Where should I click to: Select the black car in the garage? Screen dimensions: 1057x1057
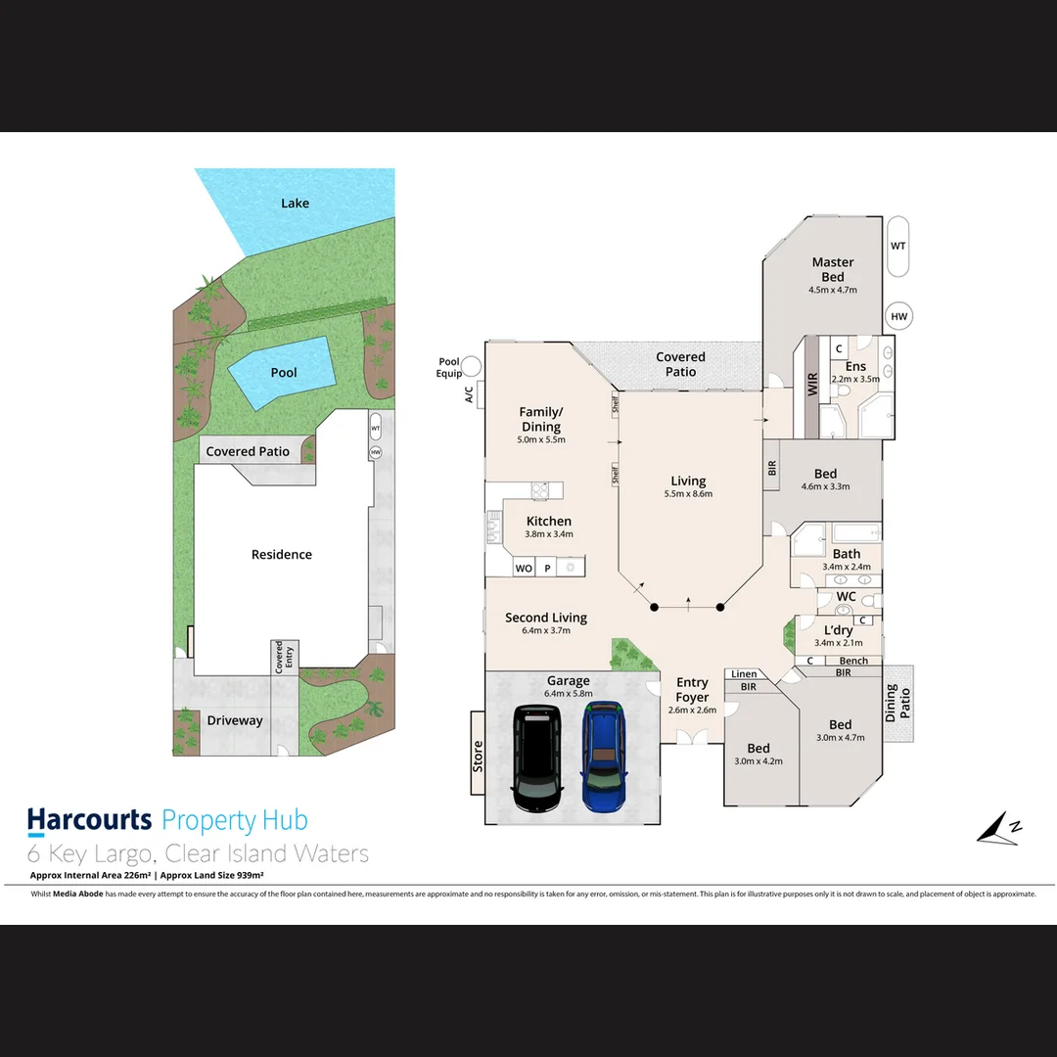pos(537,758)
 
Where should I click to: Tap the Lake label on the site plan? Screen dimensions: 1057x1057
pos(295,204)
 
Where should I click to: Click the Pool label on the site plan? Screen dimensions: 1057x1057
pos(284,373)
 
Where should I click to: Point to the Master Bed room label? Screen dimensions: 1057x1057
pos(833,269)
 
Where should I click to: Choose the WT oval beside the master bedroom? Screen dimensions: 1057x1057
pos(898,247)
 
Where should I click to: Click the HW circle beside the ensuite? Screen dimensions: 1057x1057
pos(898,317)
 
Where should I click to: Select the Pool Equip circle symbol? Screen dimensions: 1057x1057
pos(472,367)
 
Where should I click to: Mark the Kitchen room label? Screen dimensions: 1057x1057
pos(548,522)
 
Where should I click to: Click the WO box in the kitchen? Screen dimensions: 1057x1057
pos(524,569)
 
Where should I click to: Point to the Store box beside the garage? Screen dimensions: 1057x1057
pos(478,755)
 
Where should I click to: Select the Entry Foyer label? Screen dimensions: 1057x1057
pos(692,690)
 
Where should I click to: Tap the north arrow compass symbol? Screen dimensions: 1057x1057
pos(999,828)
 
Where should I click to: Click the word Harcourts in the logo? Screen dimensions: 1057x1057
pos(89,820)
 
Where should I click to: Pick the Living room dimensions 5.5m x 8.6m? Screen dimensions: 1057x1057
pos(688,494)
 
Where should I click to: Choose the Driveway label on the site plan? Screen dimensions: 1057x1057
pos(235,721)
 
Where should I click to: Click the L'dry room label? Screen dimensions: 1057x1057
pos(839,631)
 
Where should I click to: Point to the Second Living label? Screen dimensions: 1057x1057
pos(546,618)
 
